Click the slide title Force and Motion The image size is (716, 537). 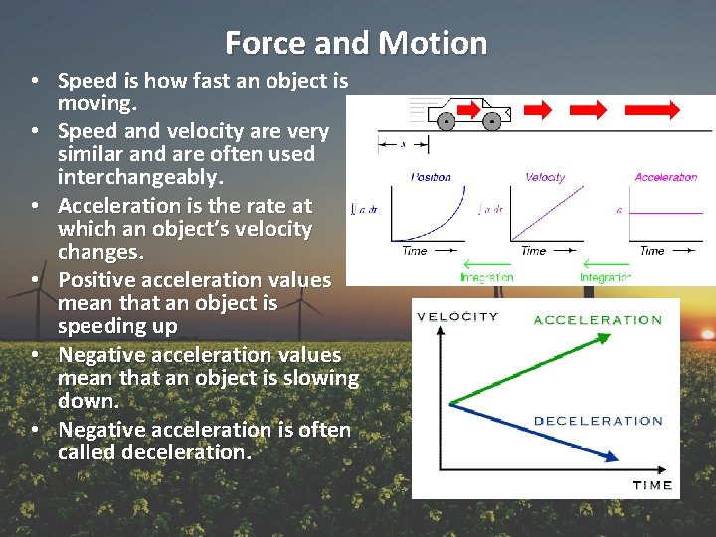point(356,43)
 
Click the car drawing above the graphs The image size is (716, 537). point(468,113)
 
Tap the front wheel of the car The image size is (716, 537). point(491,122)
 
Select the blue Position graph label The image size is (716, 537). point(431,177)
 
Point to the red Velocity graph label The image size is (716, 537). point(545,177)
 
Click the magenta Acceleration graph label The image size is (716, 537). point(665,177)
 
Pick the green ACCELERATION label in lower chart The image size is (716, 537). point(598,320)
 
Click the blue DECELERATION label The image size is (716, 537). point(598,421)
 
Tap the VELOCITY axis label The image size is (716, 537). point(457,317)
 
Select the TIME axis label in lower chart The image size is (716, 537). point(652,485)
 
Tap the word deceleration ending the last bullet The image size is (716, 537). point(185,453)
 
